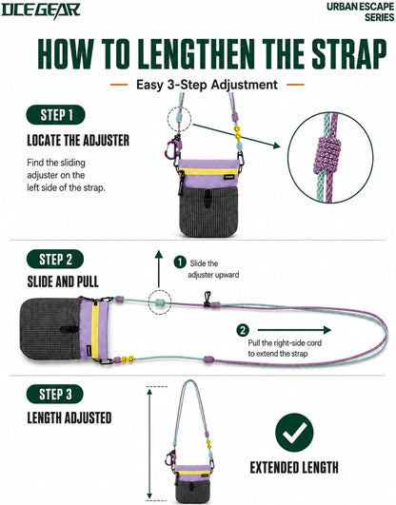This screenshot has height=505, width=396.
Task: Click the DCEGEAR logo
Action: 41,10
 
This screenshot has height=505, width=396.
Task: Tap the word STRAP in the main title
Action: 349,53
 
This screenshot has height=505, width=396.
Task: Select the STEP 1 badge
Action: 56,115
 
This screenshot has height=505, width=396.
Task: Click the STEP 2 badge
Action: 55,259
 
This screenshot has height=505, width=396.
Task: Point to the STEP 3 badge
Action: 55,394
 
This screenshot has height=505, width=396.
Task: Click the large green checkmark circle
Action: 294,433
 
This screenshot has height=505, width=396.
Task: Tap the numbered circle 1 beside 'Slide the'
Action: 180,262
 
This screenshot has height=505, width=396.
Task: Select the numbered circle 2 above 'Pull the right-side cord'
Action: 243,330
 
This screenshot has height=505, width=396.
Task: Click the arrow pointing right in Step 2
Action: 294,330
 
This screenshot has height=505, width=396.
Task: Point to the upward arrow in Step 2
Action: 159,268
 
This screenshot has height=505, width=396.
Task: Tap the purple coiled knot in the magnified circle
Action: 327,155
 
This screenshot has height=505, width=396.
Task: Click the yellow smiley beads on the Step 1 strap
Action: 238,132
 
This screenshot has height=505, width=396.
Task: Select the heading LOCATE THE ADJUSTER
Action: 78,141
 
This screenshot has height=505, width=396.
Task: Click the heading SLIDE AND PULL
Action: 63,282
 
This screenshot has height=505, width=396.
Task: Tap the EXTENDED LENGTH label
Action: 294,468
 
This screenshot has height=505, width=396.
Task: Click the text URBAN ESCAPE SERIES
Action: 361,11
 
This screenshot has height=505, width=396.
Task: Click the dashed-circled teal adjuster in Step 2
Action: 160,302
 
